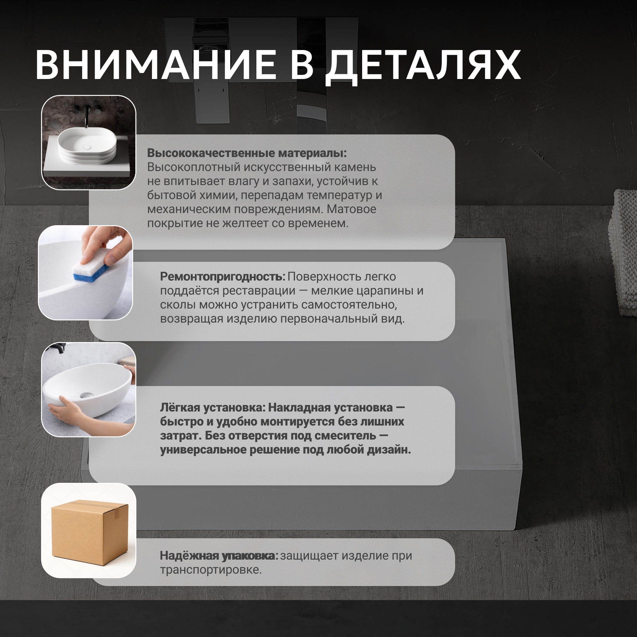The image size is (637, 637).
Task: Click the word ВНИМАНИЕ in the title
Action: tap(156, 65)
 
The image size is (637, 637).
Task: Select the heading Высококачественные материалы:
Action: tap(247, 153)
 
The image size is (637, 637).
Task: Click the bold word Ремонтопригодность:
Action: tap(223, 277)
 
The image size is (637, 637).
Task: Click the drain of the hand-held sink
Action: tap(86, 395)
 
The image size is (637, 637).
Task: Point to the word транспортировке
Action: tap(211, 570)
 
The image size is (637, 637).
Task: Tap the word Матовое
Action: tap(352, 209)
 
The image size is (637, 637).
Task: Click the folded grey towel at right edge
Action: tap(623, 252)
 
